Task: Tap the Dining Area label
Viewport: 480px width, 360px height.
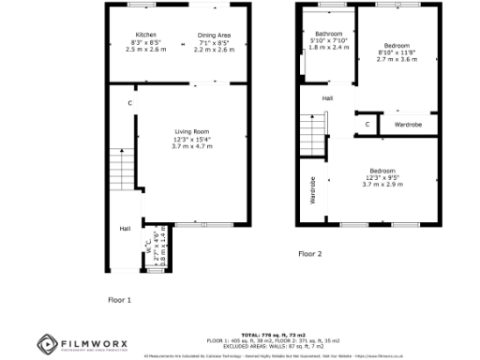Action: [214, 36]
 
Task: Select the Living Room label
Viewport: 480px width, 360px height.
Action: [191, 130]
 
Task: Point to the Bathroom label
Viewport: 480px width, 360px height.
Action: [329, 33]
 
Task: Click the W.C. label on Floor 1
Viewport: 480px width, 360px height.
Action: [147, 246]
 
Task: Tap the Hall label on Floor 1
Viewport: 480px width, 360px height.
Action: [124, 228]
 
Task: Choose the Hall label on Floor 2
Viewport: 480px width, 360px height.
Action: [327, 97]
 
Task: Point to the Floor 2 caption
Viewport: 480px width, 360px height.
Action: [309, 254]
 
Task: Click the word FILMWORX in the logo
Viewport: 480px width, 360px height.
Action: [94, 341]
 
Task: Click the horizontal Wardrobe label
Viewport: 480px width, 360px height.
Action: [407, 124]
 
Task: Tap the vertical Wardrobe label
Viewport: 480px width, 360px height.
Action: [313, 190]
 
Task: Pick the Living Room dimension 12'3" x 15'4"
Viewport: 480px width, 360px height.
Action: [191, 140]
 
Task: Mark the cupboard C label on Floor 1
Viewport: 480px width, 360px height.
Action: [129, 102]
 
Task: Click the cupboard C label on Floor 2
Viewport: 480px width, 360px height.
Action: [367, 123]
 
